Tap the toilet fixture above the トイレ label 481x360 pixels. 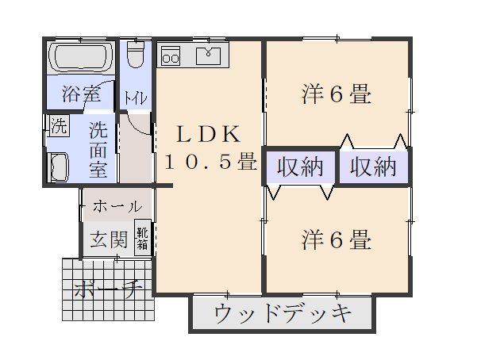click(136, 56)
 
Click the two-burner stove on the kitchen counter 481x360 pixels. click(171, 56)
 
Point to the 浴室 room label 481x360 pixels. click(81, 94)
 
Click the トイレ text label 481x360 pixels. click(133, 99)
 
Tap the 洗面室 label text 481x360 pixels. click(98, 147)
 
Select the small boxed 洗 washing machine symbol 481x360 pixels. click(58, 125)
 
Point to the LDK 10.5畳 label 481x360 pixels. click(208, 147)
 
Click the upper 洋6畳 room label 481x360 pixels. click(337, 95)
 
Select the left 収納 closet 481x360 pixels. click(298, 167)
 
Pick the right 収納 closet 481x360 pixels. click(372, 167)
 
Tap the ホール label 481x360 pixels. click(117, 207)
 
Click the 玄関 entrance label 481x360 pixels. click(107, 239)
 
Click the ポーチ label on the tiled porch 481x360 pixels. click(106, 290)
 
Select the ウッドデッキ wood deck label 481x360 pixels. click(283, 315)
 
